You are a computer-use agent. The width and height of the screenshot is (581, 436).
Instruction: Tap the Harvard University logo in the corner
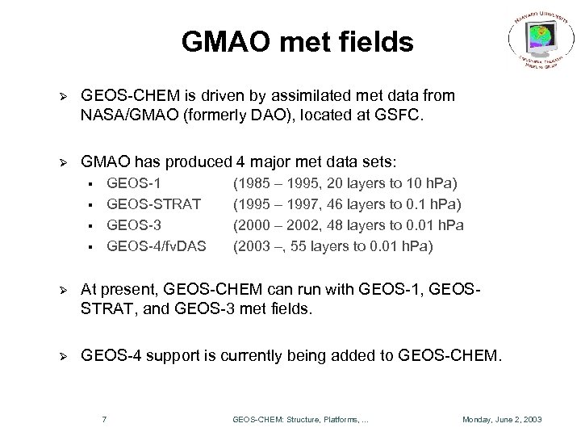(537, 40)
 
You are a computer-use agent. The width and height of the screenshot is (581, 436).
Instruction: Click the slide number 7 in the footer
(106, 418)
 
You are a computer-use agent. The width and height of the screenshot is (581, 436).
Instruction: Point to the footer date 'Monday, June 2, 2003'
(501, 419)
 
